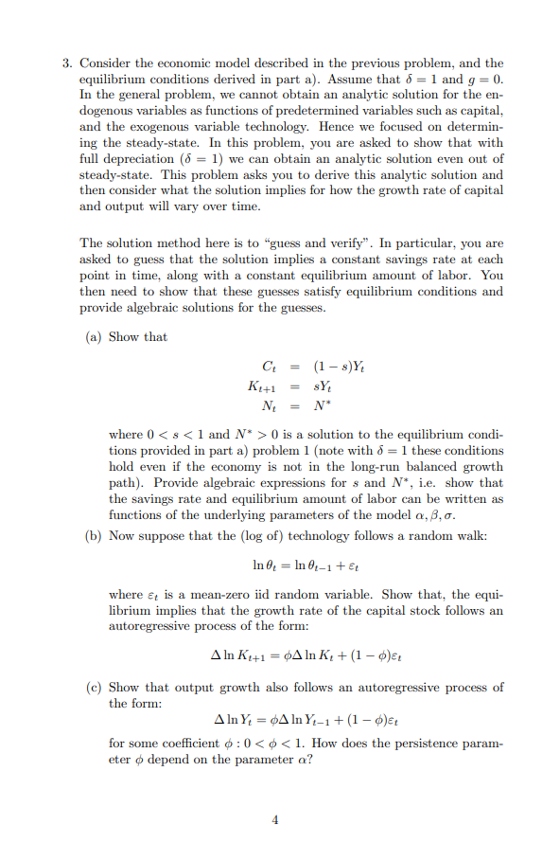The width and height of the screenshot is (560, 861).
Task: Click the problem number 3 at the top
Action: (66, 63)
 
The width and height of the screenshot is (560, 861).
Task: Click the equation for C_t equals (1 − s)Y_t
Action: (298, 368)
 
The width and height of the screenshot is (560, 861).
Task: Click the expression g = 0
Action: (484, 80)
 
